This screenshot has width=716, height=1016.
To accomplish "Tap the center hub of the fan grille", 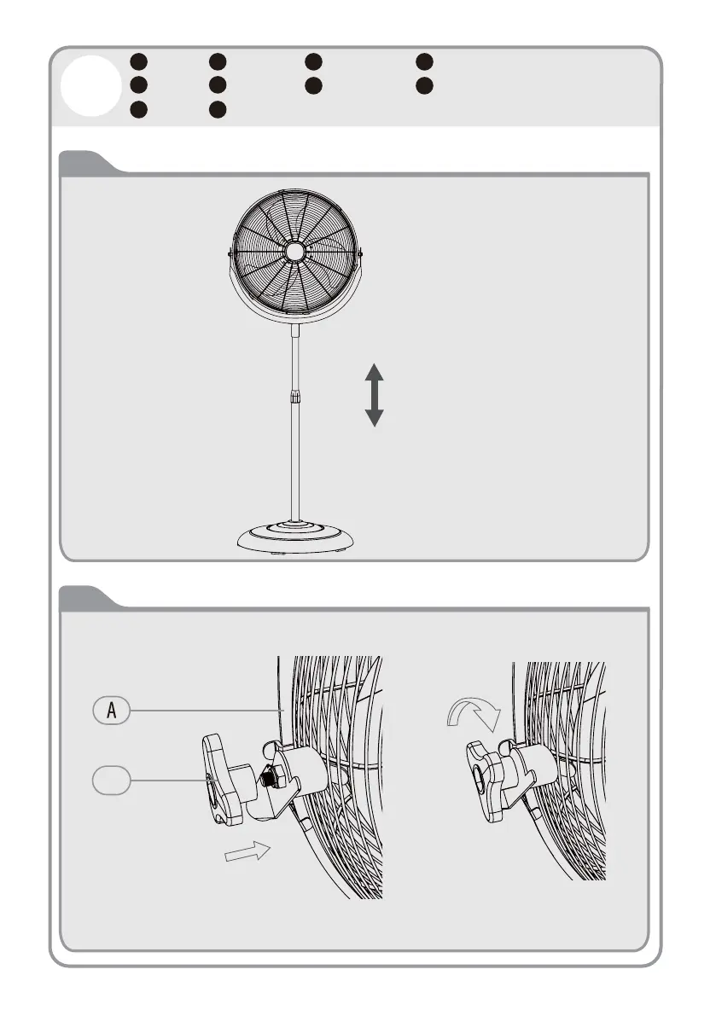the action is click(x=294, y=251).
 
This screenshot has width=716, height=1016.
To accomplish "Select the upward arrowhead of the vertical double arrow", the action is click(x=375, y=373).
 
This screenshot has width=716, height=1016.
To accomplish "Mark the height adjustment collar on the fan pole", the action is click(x=294, y=397).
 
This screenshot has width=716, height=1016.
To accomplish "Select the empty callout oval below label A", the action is click(x=111, y=779).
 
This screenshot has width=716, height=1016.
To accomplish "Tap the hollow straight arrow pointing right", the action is click(x=247, y=853).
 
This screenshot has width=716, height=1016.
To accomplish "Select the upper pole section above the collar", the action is click(x=294, y=358).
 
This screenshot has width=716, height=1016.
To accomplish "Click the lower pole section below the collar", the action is click(x=294, y=461).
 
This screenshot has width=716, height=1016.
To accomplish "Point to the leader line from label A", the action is click(x=205, y=710).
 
